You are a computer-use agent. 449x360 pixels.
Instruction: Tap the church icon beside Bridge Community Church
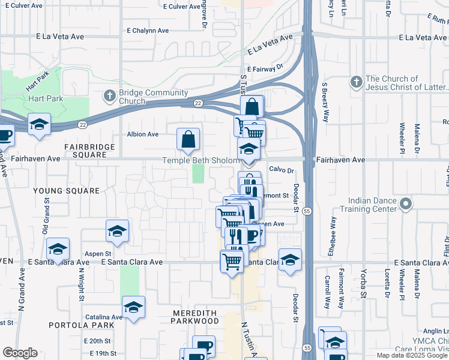(x=110, y=95)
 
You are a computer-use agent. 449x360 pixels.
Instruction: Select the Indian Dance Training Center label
(x=377, y=205)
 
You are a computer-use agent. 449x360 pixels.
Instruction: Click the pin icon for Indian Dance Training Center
(x=406, y=205)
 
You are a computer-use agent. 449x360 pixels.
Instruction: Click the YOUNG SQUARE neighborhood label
(x=66, y=191)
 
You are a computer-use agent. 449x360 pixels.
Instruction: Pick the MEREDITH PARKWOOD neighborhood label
(x=196, y=317)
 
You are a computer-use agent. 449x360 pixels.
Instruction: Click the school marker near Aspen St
(x=58, y=248)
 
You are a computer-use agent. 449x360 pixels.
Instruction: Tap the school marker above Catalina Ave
(x=133, y=307)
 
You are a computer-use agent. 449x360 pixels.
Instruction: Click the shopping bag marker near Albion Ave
(x=188, y=139)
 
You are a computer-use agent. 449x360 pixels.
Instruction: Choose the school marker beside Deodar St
(x=290, y=259)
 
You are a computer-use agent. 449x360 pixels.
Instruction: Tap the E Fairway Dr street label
(x=264, y=69)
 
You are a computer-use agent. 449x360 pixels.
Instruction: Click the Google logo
(x=20, y=353)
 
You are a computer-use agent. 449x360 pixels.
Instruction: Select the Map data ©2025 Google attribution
(x=411, y=355)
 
